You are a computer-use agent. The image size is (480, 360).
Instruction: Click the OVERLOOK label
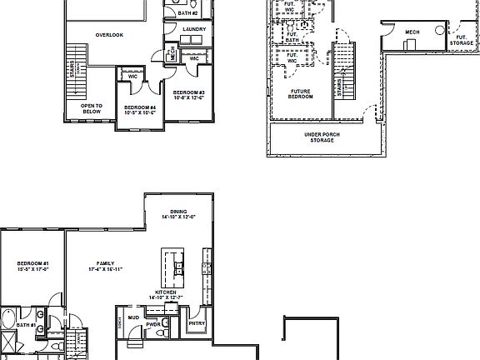109,35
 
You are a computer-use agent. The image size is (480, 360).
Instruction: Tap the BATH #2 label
187,13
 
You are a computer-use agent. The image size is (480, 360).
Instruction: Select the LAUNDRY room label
193,29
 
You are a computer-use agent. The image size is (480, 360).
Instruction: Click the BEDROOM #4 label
138,109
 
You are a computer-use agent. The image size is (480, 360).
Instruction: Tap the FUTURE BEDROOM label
301,94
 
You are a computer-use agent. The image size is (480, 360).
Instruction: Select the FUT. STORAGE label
462,40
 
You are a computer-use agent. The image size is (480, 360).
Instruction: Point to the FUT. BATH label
292,37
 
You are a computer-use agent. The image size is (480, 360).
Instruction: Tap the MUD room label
133,317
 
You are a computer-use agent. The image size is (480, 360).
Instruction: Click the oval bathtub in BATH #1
7,319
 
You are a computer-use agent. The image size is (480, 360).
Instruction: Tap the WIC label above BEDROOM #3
193,58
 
